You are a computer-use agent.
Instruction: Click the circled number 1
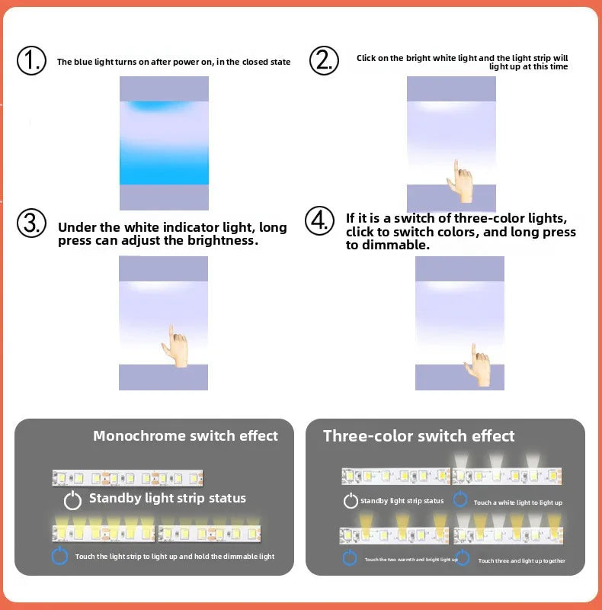point(31,60)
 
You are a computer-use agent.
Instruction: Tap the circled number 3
point(32,223)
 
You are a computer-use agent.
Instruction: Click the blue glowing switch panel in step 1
point(164,143)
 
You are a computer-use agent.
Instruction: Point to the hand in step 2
point(461,181)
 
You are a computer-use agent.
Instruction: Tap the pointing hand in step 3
point(175,347)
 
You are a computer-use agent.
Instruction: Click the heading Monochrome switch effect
point(185,436)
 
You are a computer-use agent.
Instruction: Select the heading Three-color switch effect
point(418,436)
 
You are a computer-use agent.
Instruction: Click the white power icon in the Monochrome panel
point(72,500)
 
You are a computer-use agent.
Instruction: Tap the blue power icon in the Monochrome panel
point(60,556)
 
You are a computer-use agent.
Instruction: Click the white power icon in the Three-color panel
point(351,501)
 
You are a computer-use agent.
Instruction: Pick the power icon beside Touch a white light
point(460,500)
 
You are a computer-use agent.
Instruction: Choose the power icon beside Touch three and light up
point(463,558)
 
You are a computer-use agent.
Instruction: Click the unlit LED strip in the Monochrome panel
point(127,477)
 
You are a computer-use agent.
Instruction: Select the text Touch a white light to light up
point(517,502)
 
